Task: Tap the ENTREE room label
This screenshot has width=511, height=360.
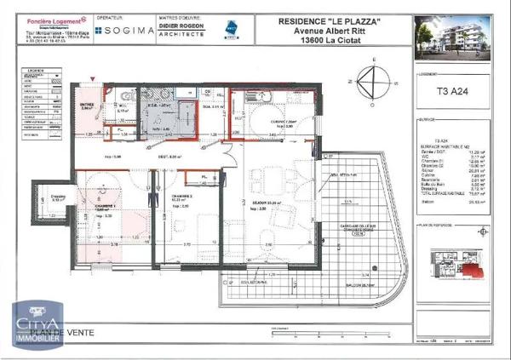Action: pos(87,105)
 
